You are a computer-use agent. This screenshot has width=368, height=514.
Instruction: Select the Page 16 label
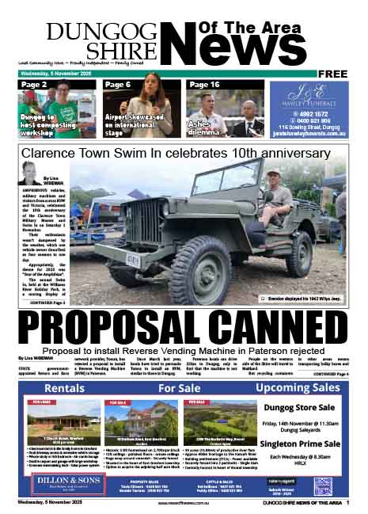pos(204,84)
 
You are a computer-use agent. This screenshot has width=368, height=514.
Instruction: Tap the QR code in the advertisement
pos(323,486)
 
